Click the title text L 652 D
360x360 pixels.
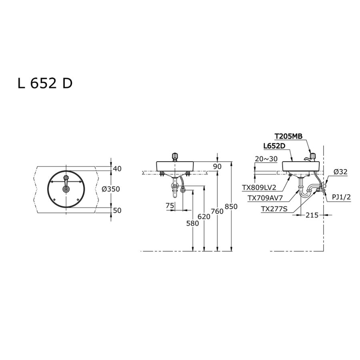click(x=45, y=83)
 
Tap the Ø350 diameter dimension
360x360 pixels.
click(x=111, y=189)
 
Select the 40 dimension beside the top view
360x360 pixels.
click(x=117, y=169)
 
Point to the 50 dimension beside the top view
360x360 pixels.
click(x=117, y=210)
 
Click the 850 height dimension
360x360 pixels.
click(x=231, y=207)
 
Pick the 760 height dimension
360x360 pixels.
click(x=217, y=211)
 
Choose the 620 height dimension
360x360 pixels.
click(x=204, y=216)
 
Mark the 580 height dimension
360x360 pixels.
click(x=192, y=223)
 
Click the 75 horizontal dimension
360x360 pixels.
click(x=170, y=206)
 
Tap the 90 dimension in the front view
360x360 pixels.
click(x=217, y=166)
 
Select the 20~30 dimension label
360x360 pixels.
click(x=266, y=159)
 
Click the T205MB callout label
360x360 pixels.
click(x=288, y=136)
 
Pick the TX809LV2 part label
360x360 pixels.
click(x=259, y=188)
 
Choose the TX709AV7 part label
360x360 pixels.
click(x=265, y=198)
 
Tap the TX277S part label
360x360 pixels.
click(x=274, y=209)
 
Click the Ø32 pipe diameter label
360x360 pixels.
click(x=340, y=172)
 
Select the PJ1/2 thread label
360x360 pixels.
click(x=342, y=197)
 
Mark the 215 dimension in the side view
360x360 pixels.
click(x=312, y=215)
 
